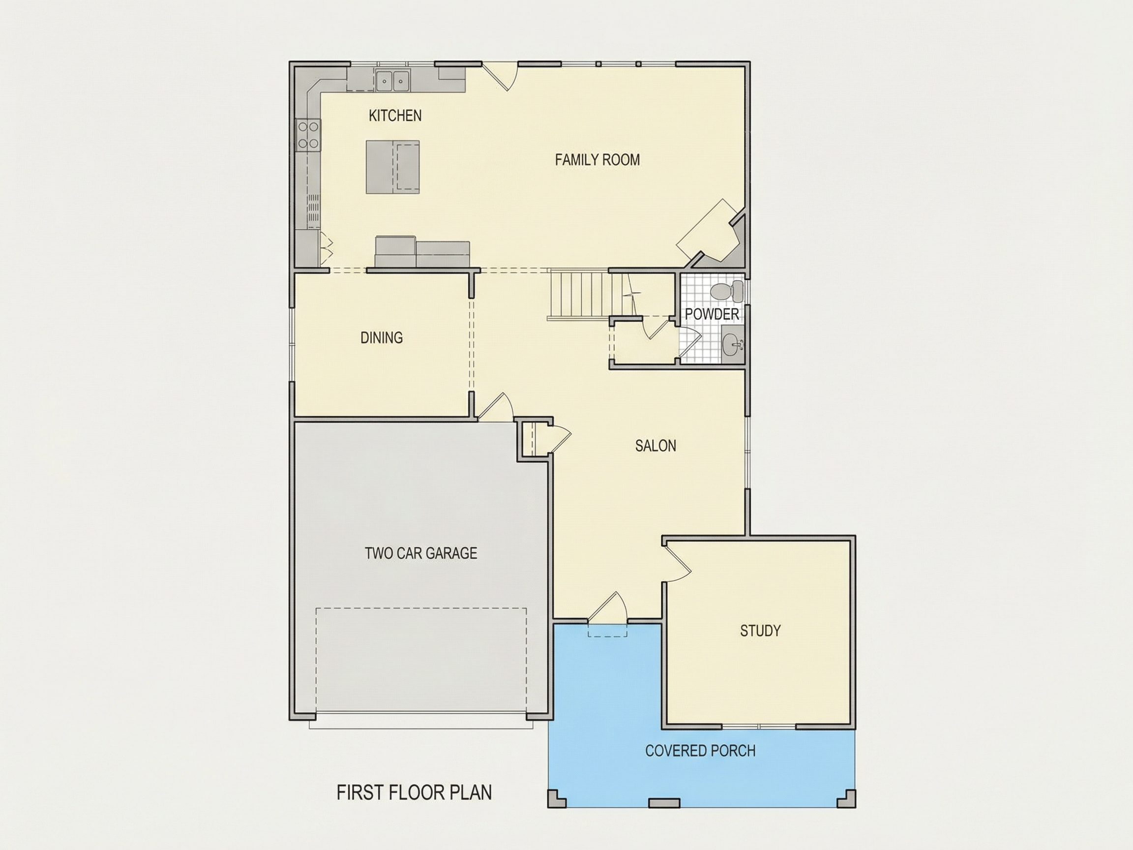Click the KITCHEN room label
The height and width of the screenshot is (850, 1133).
tap(395, 116)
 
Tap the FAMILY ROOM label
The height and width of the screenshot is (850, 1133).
tap(597, 160)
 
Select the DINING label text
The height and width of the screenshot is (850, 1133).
tap(382, 337)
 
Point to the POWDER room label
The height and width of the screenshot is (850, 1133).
tap(712, 314)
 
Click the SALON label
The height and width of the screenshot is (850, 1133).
tap(656, 446)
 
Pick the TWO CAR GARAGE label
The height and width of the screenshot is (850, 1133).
tap(421, 553)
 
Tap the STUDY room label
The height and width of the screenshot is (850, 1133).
tap(760, 631)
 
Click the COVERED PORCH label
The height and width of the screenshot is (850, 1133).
tap(700, 751)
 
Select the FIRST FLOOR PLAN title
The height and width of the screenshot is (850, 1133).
tap(414, 792)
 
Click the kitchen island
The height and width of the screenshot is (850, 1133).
tap(393, 167)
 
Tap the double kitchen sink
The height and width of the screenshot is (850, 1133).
tap(393, 81)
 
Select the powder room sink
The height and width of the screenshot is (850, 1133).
tap(731, 345)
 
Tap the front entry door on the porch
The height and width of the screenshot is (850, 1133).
tap(607, 608)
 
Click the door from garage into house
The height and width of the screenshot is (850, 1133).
tap(495, 407)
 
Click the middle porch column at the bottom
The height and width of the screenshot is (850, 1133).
tap(664, 803)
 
